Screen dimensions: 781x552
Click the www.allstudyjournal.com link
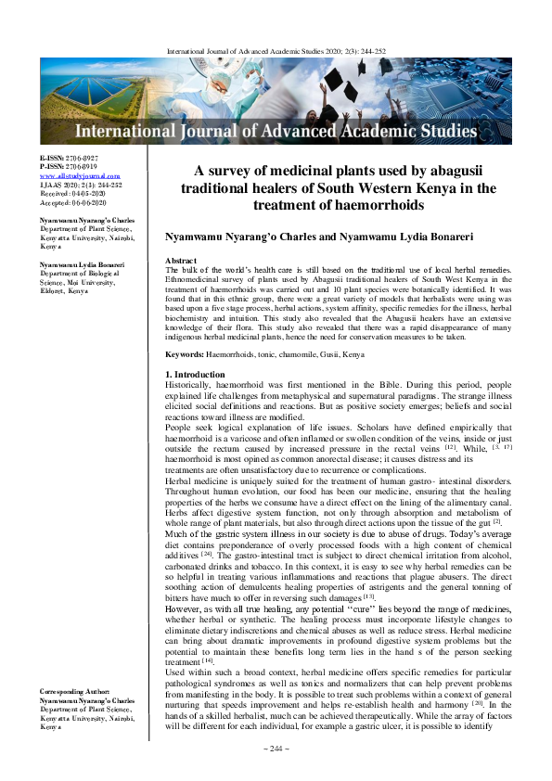coord(80,175)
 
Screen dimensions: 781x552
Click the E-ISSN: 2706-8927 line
coord(68,159)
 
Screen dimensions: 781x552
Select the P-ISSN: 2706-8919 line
coord(68,167)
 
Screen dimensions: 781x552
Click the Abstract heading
coord(180,262)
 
